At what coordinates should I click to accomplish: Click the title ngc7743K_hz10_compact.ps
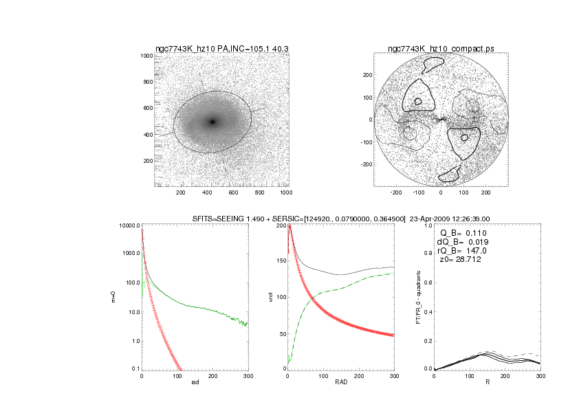click(441, 48)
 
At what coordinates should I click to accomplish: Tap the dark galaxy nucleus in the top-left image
click(212, 122)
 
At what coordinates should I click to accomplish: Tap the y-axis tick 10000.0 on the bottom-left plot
click(129, 225)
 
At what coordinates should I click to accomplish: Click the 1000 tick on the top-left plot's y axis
click(145, 56)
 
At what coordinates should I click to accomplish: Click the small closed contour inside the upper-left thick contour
click(418, 102)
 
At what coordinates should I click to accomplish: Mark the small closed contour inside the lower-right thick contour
click(465, 137)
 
